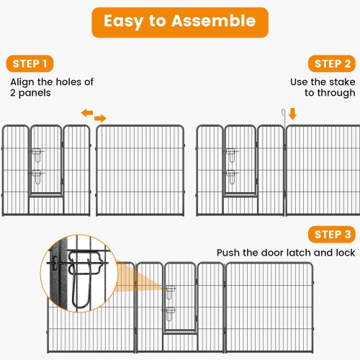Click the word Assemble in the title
point(217,22)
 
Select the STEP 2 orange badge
point(333,64)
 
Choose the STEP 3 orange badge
point(333,235)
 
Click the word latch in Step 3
point(297,253)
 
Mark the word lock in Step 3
point(342,253)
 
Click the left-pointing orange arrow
point(86,113)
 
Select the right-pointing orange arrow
point(100,118)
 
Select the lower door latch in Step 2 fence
point(231,174)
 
